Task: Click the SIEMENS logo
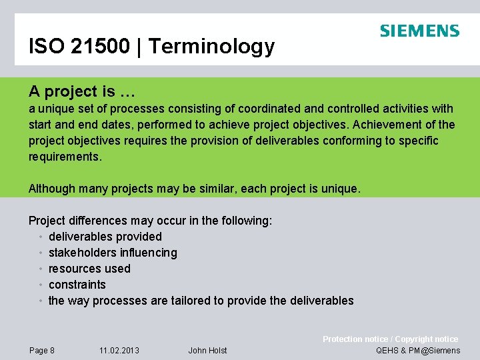click(x=419, y=31)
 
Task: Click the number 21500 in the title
click(x=97, y=46)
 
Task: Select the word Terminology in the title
click(x=211, y=47)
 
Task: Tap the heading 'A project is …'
click(x=82, y=91)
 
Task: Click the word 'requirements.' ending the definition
click(x=65, y=157)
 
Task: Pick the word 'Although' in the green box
click(x=52, y=189)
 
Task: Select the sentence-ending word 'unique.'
click(x=340, y=189)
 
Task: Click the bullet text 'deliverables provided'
click(x=105, y=237)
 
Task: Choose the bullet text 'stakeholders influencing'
click(x=113, y=253)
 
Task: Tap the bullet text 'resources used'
click(x=89, y=269)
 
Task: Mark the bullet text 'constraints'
click(x=77, y=285)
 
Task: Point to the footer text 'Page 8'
click(x=42, y=351)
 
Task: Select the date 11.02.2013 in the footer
click(x=119, y=351)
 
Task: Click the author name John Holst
click(x=207, y=351)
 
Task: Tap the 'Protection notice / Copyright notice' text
click(x=390, y=339)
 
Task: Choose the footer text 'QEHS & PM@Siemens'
click(x=418, y=351)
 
